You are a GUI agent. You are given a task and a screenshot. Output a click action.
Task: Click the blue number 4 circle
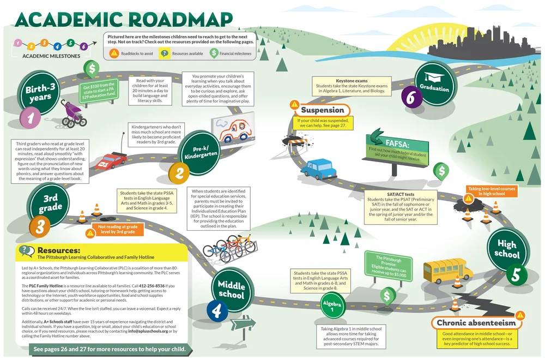click(x=217, y=311)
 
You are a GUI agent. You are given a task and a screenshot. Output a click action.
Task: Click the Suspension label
click(x=323, y=110)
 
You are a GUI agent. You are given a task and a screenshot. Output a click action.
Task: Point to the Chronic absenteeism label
click(x=476, y=322)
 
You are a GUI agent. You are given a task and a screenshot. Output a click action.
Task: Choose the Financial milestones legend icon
click(x=215, y=53)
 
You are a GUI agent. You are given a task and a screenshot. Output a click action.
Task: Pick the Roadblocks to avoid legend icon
click(x=114, y=53)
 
